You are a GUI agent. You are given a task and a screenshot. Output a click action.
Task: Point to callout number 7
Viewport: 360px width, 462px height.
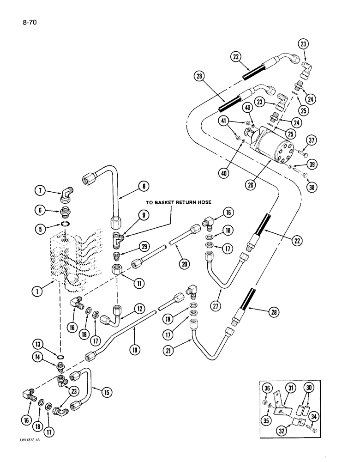click(41, 190)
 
